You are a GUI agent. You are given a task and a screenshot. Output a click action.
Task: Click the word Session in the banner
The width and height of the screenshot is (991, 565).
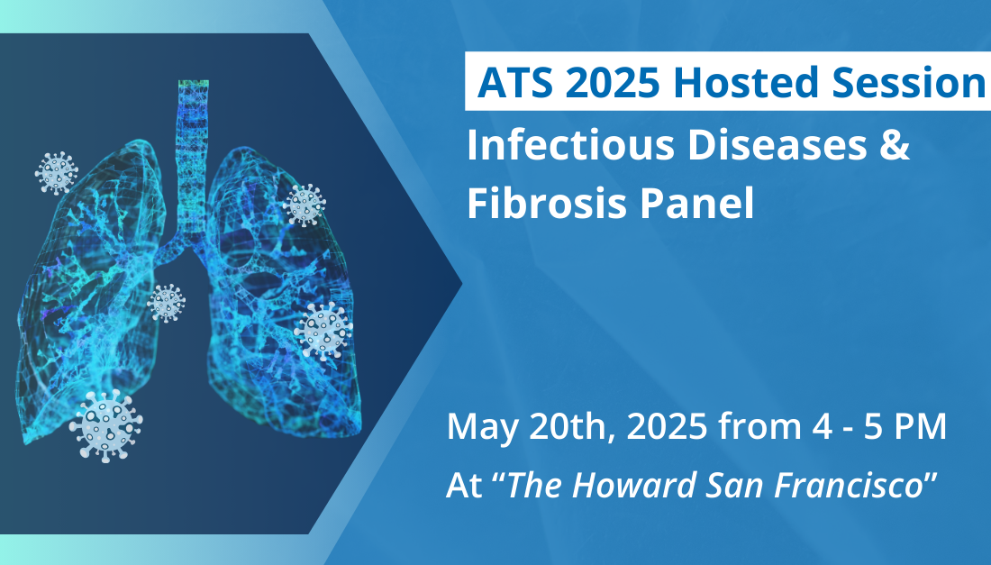[x=912, y=83]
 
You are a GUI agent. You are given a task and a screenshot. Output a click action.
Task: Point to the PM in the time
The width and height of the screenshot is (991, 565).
[x=919, y=426]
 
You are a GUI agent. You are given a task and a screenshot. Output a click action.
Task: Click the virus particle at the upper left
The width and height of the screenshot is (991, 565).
[x=57, y=172]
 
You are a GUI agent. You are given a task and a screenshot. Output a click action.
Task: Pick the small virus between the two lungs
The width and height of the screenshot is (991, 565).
[x=166, y=303]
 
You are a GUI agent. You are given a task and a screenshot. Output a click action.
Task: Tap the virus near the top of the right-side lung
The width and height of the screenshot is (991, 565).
[x=305, y=205]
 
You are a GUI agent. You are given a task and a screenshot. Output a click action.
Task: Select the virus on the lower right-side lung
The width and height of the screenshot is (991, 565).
[x=323, y=330]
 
